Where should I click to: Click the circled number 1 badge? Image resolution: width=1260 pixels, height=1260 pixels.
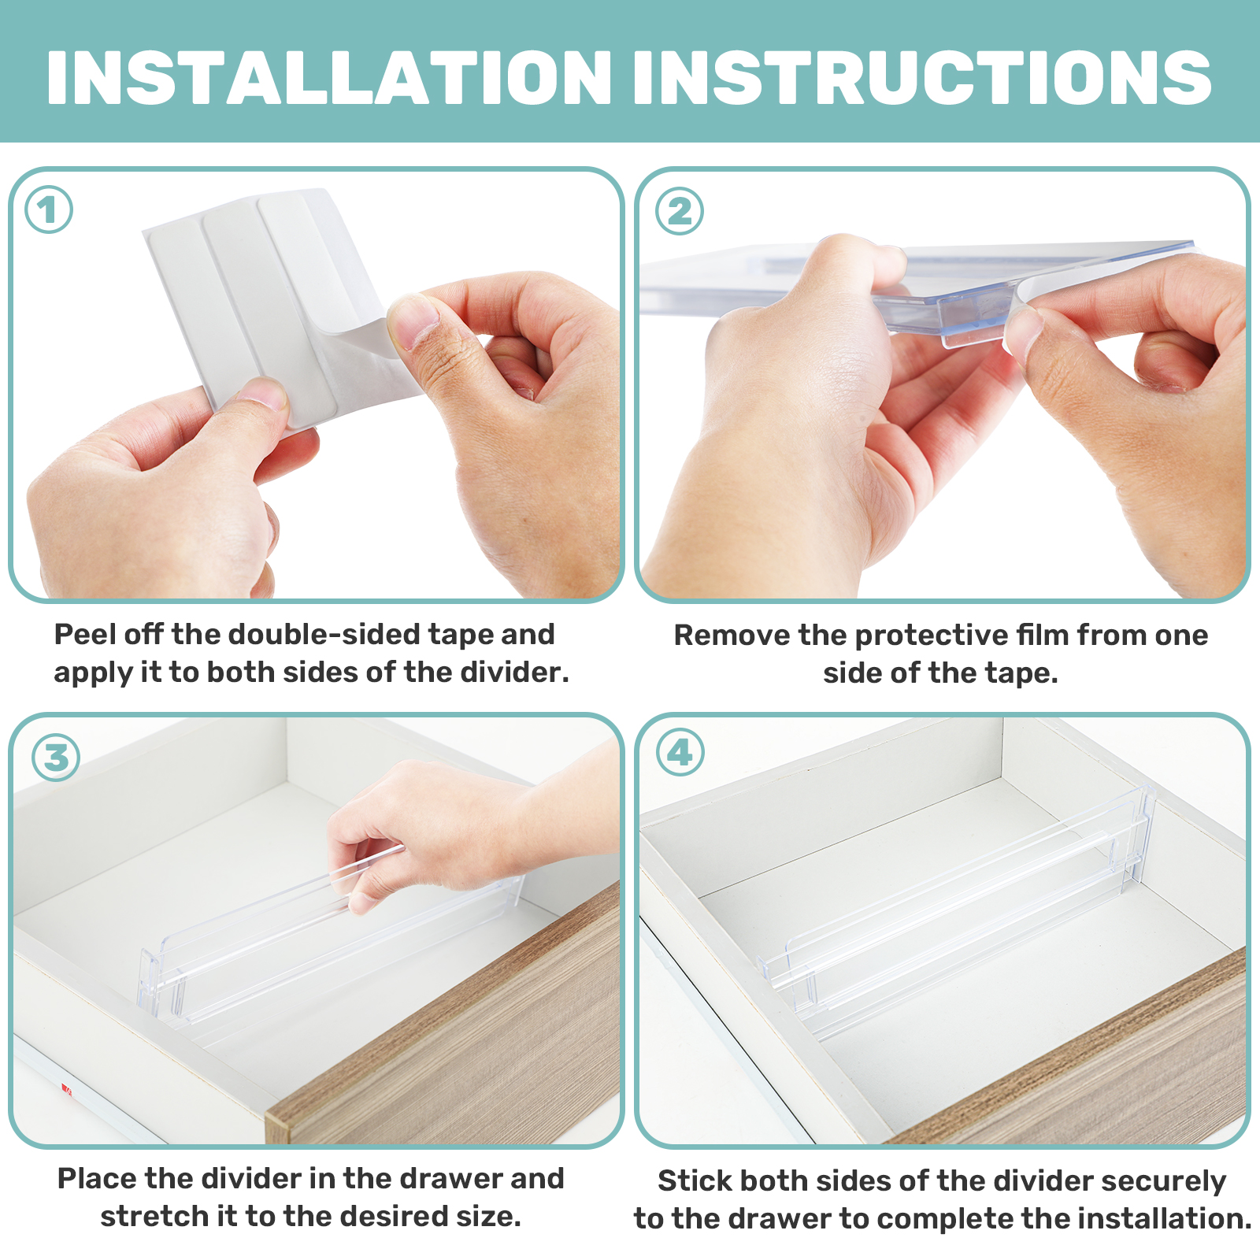(49, 210)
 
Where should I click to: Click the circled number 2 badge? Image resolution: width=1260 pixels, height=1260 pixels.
(680, 211)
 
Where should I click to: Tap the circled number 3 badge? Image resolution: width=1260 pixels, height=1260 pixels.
(56, 758)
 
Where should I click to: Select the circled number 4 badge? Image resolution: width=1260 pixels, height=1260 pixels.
(680, 753)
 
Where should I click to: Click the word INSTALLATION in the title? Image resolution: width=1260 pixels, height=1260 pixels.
(329, 77)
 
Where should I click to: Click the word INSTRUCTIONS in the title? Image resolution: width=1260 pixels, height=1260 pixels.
(922, 77)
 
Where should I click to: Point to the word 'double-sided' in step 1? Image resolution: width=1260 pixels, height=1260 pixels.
(324, 634)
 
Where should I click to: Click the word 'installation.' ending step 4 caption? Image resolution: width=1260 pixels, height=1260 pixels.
(1165, 1218)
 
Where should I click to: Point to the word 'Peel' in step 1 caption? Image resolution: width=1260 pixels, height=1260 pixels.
(84, 634)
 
